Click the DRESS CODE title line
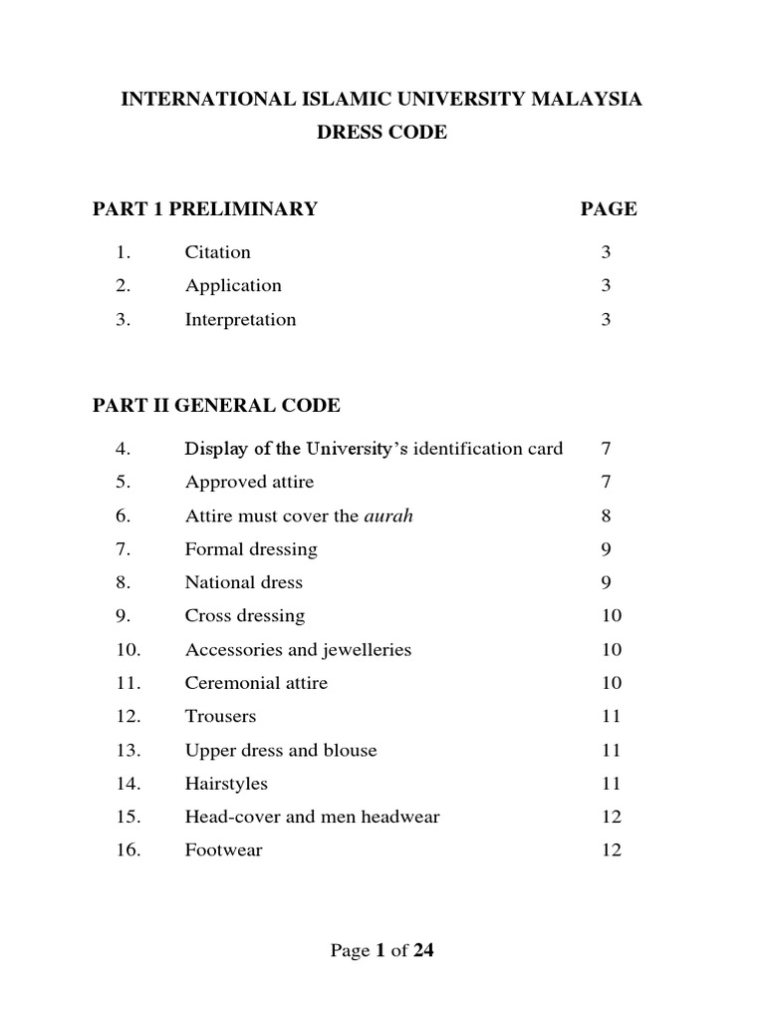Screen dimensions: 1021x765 tap(382, 133)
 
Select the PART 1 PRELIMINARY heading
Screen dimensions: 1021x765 tap(205, 208)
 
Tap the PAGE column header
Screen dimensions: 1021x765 tap(609, 208)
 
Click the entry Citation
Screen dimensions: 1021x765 tap(217, 252)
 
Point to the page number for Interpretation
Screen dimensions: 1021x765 tap(606, 320)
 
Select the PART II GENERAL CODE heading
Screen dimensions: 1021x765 tap(216, 406)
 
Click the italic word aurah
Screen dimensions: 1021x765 tap(388, 515)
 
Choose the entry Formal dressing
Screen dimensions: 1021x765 tap(251, 549)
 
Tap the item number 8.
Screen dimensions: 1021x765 tap(125, 582)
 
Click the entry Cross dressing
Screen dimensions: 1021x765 tap(245, 616)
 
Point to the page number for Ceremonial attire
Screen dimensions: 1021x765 tap(612, 683)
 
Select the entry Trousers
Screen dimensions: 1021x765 tap(220, 716)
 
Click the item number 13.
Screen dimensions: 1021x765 tap(128, 750)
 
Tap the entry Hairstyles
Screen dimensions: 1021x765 tap(226, 784)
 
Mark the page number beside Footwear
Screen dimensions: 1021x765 tap(612, 851)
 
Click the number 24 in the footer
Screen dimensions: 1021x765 tap(423, 951)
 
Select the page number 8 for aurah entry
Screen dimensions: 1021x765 tap(606, 515)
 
